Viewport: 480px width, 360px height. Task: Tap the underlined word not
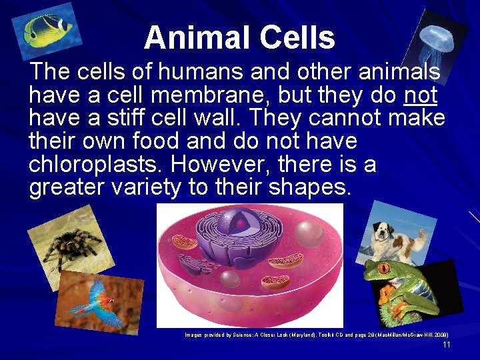coord(420,95)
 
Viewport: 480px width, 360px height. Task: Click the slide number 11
coord(447,345)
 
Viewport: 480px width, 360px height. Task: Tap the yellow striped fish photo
coord(51,31)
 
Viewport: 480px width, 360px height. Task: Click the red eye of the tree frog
coord(385,268)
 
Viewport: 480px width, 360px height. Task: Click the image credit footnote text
coord(316,335)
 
